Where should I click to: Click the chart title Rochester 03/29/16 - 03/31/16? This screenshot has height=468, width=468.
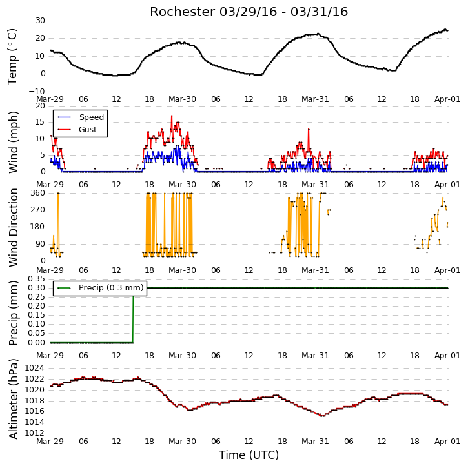tap(249, 12)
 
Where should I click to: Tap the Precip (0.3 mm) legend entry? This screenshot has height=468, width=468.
tap(100, 288)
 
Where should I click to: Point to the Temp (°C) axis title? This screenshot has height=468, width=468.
tap(12, 57)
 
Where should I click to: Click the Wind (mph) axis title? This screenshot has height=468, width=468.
tap(13, 142)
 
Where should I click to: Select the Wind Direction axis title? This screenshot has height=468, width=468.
tap(13, 227)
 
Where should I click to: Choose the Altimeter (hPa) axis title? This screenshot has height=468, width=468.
tap(13, 399)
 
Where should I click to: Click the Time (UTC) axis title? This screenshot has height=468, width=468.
tap(249, 455)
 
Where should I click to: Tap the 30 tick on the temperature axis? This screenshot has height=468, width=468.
tap(40, 21)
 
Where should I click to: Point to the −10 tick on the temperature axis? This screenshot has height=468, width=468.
tap(37, 91)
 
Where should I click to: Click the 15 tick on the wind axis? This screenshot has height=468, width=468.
tap(40, 122)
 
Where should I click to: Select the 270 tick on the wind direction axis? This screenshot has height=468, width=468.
tap(38, 210)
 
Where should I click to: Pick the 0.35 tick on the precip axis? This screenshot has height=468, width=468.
tap(36, 279)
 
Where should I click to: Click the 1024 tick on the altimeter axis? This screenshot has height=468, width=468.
tap(35, 368)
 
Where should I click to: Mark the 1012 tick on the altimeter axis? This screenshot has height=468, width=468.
tap(35, 432)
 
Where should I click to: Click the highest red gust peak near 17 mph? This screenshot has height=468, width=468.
tap(172, 116)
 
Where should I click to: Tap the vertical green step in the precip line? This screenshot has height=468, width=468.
tap(133, 315)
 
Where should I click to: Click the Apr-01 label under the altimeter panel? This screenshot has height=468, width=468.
tap(447, 441)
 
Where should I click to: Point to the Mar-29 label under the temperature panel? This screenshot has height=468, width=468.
tap(50, 99)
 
